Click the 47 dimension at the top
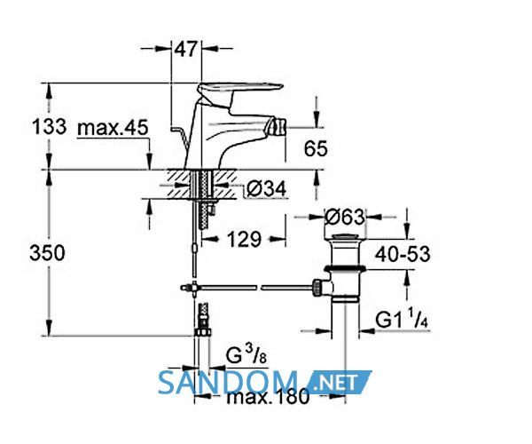pos(185,49)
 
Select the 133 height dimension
pos(49,127)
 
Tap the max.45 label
pos(113,128)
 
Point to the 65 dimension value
pos(316,149)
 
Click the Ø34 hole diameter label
pos(266,188)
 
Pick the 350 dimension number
pos(47,253)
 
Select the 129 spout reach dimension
pos(244,239)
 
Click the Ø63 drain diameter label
pos(345,217)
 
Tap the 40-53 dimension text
pos(403,254)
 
